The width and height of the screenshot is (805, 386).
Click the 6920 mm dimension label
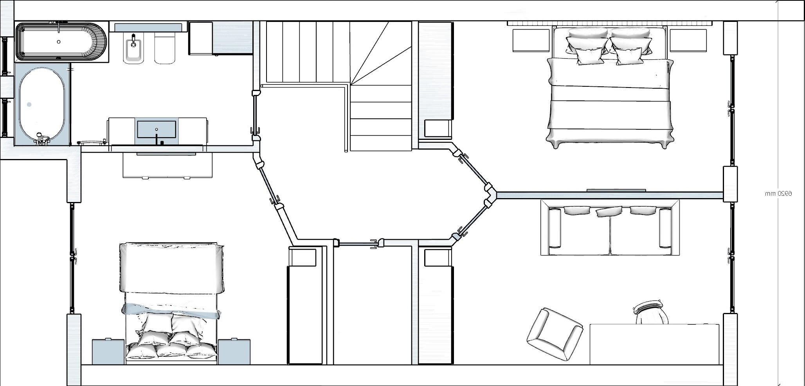click(778, 193)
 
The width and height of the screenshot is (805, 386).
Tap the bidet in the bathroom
click(133, 48)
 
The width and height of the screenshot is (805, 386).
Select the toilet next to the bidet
click(164, 48)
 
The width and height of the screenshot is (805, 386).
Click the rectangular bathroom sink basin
click(157, 129)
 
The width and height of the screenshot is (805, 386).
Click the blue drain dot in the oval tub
click(29, 105)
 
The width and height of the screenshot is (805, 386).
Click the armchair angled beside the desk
click(555, 334)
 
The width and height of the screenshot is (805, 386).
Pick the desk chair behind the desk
click(650, 312)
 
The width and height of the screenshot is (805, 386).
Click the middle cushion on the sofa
click(608, 211)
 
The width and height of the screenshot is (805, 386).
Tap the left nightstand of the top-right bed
click(530, 40)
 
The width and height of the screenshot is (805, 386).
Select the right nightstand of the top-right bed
click(688, 40)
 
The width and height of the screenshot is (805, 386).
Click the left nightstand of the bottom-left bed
click(108, 352)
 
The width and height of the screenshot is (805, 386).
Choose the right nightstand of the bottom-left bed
click(234, 352)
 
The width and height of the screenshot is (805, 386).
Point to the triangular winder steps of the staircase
click(380, 53)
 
